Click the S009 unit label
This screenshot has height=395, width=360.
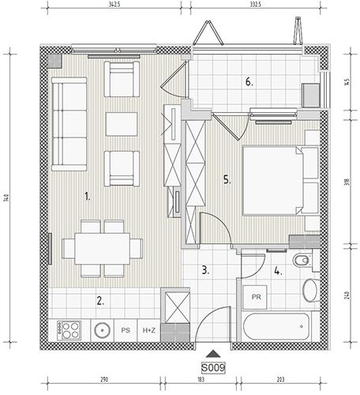click(213, 367)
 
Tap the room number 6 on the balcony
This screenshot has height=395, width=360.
click(249, 82)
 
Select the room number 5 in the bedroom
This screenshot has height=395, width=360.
click(227, 180)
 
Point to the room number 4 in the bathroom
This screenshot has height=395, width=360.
click(278, 271)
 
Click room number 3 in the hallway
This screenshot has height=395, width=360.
click(205, 270)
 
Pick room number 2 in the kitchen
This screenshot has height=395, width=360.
click(100, 301)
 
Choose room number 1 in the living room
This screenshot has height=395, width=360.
click(88, 197)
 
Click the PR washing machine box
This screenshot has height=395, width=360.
click(255, 297)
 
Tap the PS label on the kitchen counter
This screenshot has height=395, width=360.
click(126, 330)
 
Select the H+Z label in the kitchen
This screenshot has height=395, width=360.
click(149, 330)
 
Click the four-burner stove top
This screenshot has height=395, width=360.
click(69, 330)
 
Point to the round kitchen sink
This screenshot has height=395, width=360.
click(102, 330)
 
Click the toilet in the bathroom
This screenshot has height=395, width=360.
click(302, 261)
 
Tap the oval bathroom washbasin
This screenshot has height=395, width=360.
click(310, 290)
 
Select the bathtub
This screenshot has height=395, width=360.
click(276, 326)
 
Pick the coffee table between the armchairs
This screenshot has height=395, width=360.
click(122, 124)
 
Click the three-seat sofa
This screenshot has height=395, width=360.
click(69, 124)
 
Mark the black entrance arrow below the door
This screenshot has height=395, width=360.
click(213, 354)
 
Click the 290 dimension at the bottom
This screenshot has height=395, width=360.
click(104, 379)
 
